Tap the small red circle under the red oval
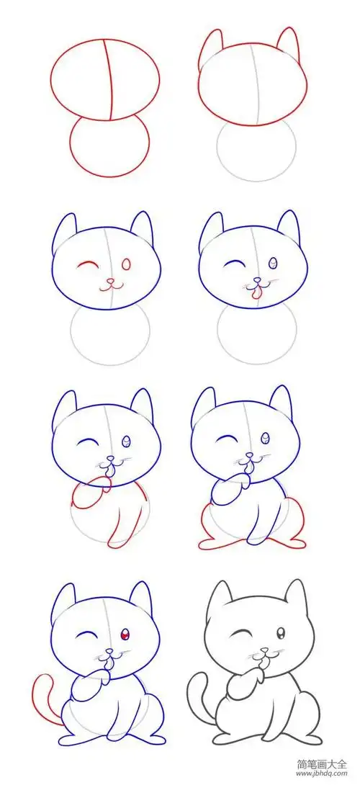point(111,147)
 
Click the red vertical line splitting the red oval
point(109,81)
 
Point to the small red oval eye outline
point(127,264)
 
